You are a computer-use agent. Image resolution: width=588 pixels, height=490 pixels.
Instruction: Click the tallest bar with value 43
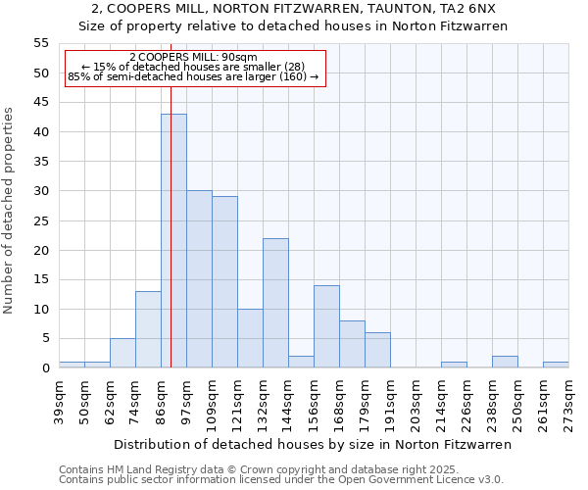coord(173,241)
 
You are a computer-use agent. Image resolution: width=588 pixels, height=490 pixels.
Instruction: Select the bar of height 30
coord(199,279)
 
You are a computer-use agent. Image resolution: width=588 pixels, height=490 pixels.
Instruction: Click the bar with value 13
coord(148,329)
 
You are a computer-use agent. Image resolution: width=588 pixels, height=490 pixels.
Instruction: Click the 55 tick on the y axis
coord(40,43)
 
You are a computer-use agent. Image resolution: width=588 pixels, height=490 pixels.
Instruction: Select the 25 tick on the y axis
coord(40,220)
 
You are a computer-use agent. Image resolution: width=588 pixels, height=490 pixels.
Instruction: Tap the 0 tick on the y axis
coord(44,368)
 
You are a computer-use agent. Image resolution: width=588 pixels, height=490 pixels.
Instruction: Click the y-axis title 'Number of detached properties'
coord(10,211)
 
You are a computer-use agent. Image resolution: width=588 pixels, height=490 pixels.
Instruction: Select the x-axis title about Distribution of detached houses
coord(313,444)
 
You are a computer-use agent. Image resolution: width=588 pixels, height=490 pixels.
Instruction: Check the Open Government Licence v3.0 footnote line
coord(281,480)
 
